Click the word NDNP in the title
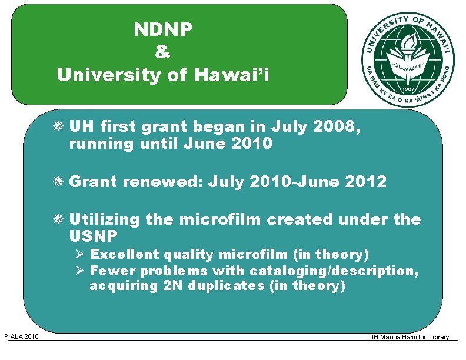(163, 29)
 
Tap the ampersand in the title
(163, 52)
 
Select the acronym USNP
(94, 236)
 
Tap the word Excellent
(124, 255)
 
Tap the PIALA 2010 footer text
(22, 336)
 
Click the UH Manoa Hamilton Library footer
(408, 337)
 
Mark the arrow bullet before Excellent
(81, 255)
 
